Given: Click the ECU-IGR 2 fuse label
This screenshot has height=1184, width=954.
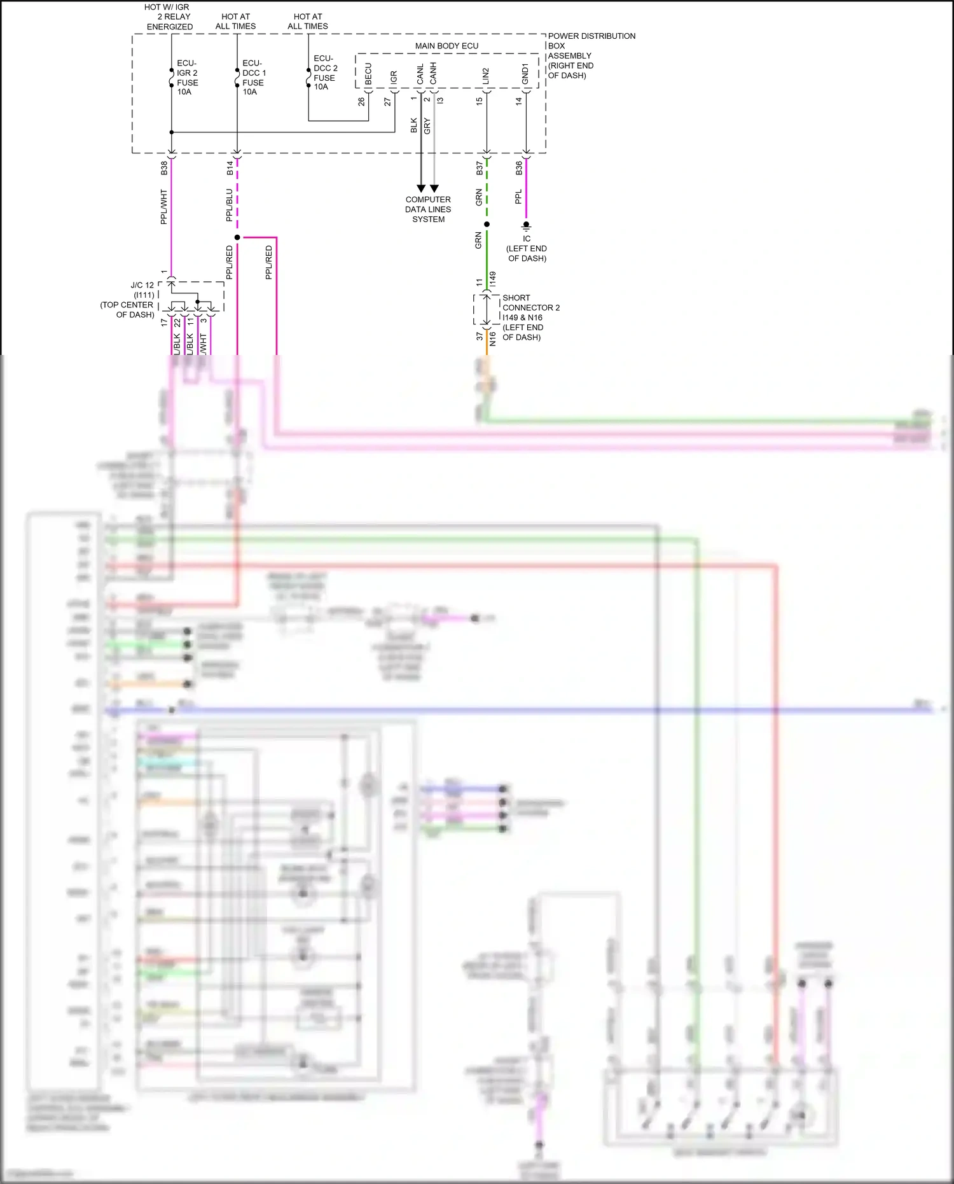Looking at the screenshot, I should tap(187, 78).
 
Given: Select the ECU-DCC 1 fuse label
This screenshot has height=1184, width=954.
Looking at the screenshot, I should tap(254, 78).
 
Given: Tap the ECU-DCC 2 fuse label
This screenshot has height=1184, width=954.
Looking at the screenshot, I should tap(325, 73).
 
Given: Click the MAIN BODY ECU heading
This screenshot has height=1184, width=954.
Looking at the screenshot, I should tap(446, 46).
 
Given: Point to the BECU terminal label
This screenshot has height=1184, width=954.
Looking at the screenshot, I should tap(368, 74).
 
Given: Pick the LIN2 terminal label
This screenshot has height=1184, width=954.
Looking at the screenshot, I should tap(486, 76).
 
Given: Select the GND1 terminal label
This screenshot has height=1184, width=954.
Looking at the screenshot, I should tap(525, 74).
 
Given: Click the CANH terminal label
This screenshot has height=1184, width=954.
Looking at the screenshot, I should tap(433, 73).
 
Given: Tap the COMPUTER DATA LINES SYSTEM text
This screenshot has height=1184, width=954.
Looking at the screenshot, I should tap(428, 209).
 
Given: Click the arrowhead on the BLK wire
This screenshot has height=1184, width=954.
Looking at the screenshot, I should tap(421, 188).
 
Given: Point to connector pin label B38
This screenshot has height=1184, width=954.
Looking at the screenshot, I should tap(164, 168).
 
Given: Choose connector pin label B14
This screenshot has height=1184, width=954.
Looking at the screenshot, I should tap(230, 168).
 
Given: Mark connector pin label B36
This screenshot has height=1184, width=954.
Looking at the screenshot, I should tap(519, 168).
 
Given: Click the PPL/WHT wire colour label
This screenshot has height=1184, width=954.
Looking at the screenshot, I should tap(164, 206).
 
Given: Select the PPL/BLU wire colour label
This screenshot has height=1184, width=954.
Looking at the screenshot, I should tap(230, 205).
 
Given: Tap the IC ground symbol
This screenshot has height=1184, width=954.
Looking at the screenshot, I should tap(526, 226).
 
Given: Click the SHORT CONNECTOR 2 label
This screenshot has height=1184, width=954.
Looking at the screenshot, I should tap(530, 303).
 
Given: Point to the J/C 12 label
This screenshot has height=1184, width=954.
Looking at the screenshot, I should tap(141, 286).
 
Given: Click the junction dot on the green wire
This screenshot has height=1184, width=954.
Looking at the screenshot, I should tap(487, 224).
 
